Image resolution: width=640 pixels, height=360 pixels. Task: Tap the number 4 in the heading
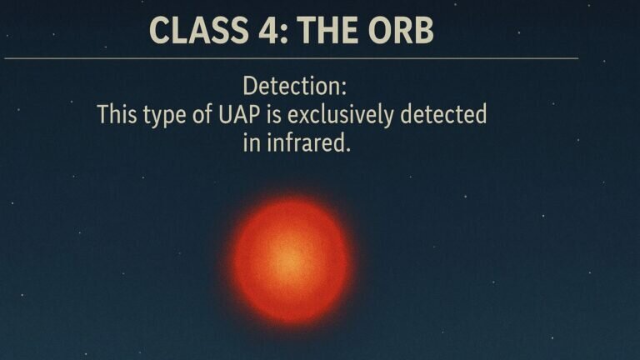(x=255, y=30)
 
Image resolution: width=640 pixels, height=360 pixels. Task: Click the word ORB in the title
(x=399, y=30)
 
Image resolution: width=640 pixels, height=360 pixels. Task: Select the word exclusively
(x=342, y=114)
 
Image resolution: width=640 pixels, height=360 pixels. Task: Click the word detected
(x=443, y=114)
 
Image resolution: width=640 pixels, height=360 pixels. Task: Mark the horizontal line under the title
(x=292, y=58)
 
